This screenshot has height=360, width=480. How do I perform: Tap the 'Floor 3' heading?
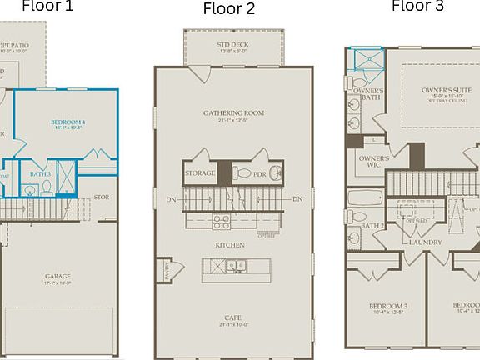coord(418,6)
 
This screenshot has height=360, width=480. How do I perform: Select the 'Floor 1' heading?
coord(47,6)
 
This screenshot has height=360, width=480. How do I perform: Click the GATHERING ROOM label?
coord(233,112)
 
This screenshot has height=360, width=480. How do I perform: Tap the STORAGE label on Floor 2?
coord(200,173)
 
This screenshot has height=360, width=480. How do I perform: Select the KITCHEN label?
coord(230,245)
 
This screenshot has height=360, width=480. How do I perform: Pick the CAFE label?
coord(233,317)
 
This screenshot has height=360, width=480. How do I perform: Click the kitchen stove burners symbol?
coord(222,222)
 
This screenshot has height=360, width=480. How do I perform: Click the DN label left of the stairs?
coord(171,200)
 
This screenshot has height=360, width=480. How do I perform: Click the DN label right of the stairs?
coord(297,200)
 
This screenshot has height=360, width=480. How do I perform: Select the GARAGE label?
coord(58,276)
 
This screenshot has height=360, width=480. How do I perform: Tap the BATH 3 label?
coord(41,173)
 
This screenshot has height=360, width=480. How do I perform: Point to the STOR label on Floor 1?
coord(102,197)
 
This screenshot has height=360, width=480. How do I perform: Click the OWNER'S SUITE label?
coord(442,89)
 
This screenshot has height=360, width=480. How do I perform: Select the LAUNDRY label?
coord(425,242)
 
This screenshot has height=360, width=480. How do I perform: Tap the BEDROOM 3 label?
coord(388,306)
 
